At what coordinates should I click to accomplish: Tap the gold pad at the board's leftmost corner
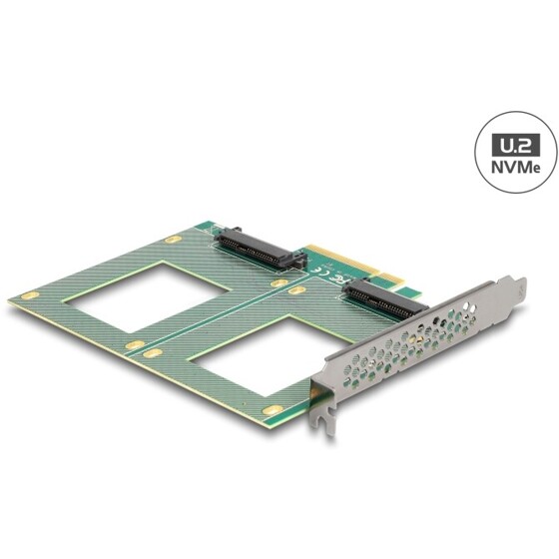click(29, 296)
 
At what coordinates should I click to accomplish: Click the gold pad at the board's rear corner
click(173, 240)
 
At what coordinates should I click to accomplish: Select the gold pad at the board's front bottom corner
click(272, 409)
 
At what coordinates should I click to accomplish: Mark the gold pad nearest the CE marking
click(296, 290)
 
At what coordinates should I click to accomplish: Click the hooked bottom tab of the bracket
click(321, 422)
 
